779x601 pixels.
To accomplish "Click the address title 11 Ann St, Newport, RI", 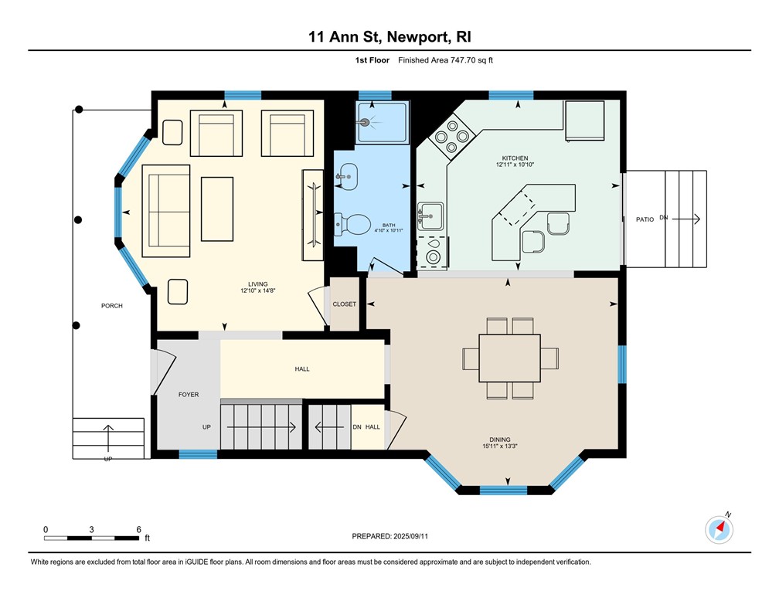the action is click(x=389, y=37).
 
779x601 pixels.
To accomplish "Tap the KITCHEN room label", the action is click(x=515, y=158).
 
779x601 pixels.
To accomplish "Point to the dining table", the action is click(x=510, y=358).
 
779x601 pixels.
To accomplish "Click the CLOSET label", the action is click(x=345, y=304).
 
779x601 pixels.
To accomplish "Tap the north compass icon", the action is click(x=719, y=529).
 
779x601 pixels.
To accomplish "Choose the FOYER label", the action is click(x=189, y=395).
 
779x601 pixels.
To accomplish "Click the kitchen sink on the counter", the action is click(x=430, y=216).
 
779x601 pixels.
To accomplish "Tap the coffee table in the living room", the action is click(x=217, y=209).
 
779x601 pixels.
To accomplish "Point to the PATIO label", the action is click(x=645, y=219).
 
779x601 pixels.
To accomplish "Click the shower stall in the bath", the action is click(x=382, y=122).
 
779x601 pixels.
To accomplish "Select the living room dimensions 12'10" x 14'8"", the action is click(x=258, y=290).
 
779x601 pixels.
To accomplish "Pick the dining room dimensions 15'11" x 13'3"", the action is click(x=500, y=446).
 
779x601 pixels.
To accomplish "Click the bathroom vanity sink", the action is click(x=347, y=177).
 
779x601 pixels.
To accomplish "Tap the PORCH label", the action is click(x=112, y=306).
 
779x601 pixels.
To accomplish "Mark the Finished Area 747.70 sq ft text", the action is click(x=446, y=60).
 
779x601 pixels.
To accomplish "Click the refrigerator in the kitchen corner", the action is click(x=584, y=121).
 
